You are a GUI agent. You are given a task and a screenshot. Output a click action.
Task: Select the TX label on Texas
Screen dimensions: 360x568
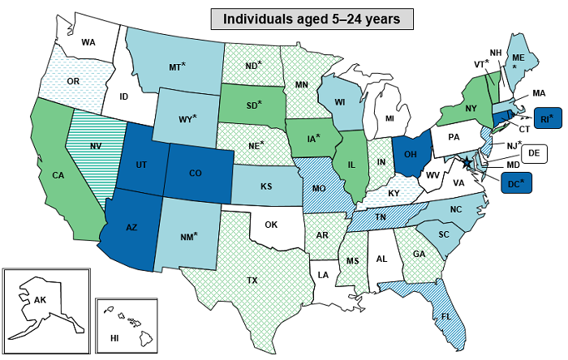(253, 281)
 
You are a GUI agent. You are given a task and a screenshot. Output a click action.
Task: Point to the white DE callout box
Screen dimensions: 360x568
(533, 152)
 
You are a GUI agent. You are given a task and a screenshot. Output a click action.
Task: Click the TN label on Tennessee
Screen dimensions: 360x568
(381, 217)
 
